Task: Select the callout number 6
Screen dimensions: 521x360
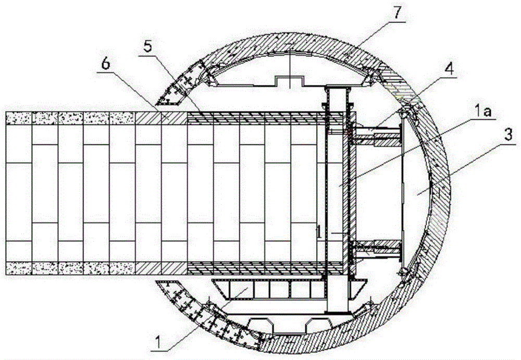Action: pyautogui.click(x=106, y=64)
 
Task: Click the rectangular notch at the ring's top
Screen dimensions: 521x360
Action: pyautogui.click(x=289, y=81)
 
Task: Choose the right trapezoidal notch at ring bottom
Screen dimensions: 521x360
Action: pyautogui.click(x=318, y=324)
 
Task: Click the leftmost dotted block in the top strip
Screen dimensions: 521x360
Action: pyautogui.click(x=19, y=118)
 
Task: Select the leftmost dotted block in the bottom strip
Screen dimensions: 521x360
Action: pyautogui.click(x=19, y=268)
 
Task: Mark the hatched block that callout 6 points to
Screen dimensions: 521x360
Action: pyautogui.click(x=162, y=118)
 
